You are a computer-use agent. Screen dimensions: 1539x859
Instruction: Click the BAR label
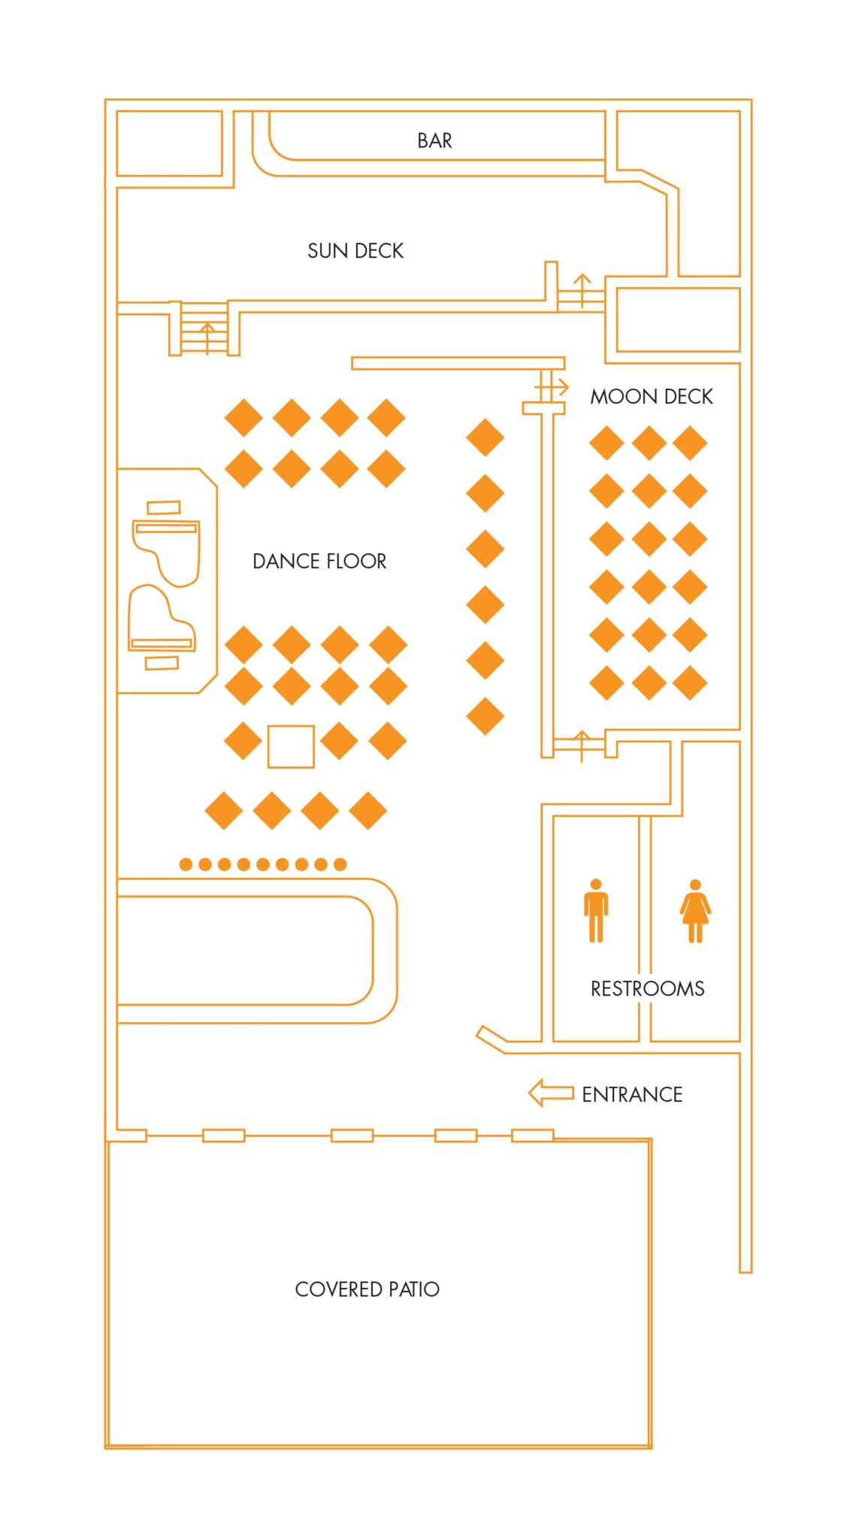click(x=434, y=141)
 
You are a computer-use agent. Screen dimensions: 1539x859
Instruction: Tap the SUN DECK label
click(x=355, y=251)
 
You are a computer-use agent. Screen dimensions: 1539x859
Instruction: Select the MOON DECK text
click(x=651, y=397)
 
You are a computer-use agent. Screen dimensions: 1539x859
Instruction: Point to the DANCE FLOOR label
click(x=319, y=561)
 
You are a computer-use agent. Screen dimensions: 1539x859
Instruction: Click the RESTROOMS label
click(x=647, y=989)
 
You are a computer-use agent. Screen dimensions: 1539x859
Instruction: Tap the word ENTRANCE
click(x=632, y=1095)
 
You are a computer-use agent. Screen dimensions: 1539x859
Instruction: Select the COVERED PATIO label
click(x=367, y=1290)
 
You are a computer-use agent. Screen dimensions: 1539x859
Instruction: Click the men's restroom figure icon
click(x=596, y=910)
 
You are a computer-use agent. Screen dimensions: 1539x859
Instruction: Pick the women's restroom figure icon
click(x=695, y=911)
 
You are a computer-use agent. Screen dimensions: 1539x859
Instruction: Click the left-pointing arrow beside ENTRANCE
click(x=551, y=1093)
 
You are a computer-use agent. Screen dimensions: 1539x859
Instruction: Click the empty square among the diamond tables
click(x=291, y=746)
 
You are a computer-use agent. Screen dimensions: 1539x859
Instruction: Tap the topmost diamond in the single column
click(x=485, y=437)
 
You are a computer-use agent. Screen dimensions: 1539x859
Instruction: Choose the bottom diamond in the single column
click(x=485, y=716)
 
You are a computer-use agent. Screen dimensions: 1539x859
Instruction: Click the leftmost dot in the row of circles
click(x=186, y=864)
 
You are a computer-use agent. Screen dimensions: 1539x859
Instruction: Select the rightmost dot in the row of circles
click(x=340, y=864)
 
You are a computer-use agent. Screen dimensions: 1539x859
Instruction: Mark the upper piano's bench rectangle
click(x=163, y=507)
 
